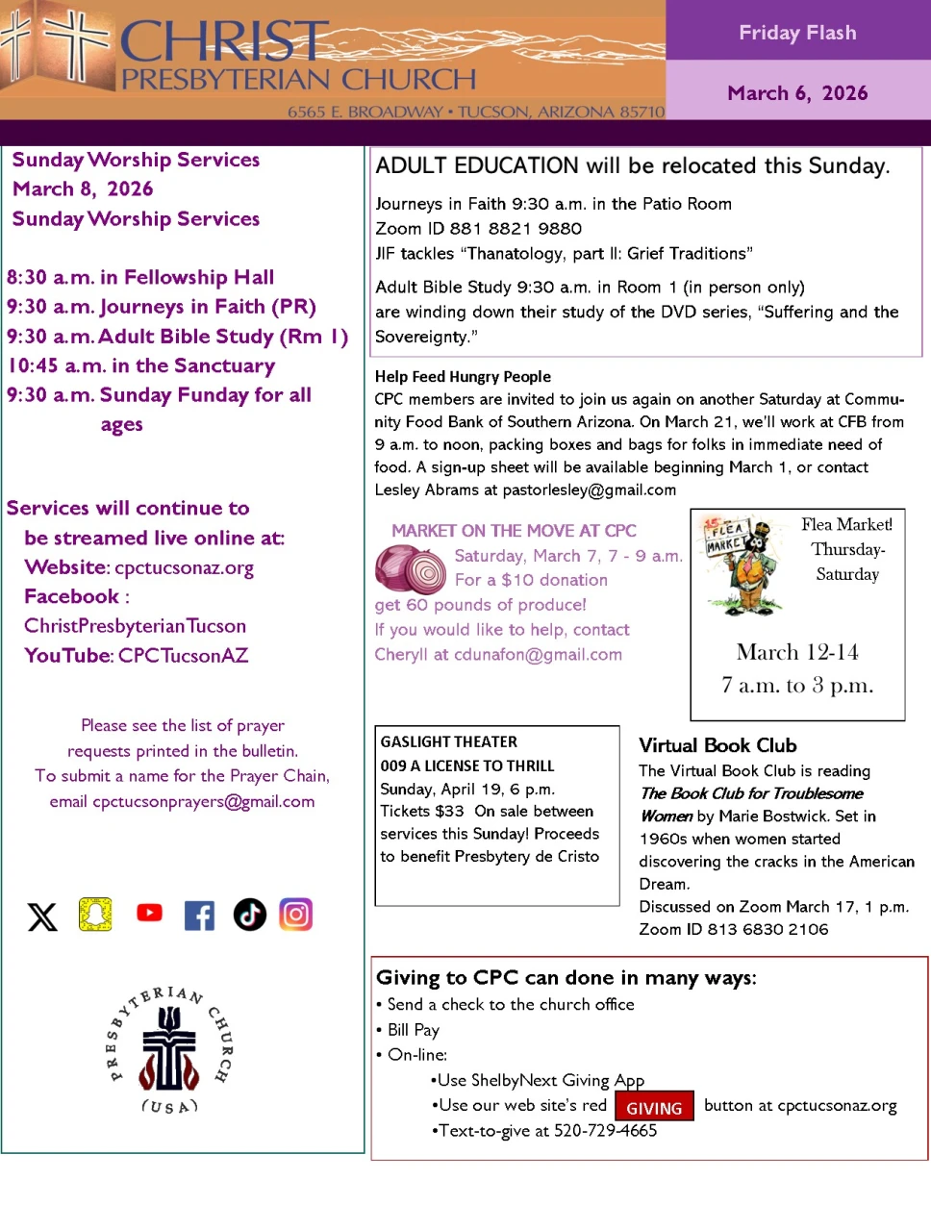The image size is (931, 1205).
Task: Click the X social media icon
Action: pyautogui.click(x=42, y=916)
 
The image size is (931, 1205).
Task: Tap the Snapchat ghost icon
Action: pyautogui.click(x=95, y=914)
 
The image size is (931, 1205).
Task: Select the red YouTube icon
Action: pyautogui.click(x=149, y=913)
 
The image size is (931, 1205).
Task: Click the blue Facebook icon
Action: pyautogui.click(x=199, y=916)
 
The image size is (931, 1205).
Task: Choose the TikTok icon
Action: pyautogui.click(x=250, y=915)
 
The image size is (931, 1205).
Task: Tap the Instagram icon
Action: pyautogui.click(x=296, y=914)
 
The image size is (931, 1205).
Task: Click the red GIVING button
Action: pyautogui.click(x=654, y=1108)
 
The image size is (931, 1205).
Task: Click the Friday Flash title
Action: pyautogui.click(x=797, y=33)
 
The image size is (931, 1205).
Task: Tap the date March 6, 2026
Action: pyautogui.click(x=797, y=93)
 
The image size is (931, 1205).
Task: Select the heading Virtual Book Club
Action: pyautogui.click(x=717, y=745)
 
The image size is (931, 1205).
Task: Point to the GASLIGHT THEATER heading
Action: pyautogui.click(x=449, y=741)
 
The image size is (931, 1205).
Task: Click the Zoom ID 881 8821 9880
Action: pyautogui.click(x=479, y=229)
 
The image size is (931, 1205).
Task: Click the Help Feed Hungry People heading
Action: pyautogui.click(x=463, y=377)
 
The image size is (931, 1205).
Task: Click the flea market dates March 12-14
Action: pyautogui.click(x=797, y=653)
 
